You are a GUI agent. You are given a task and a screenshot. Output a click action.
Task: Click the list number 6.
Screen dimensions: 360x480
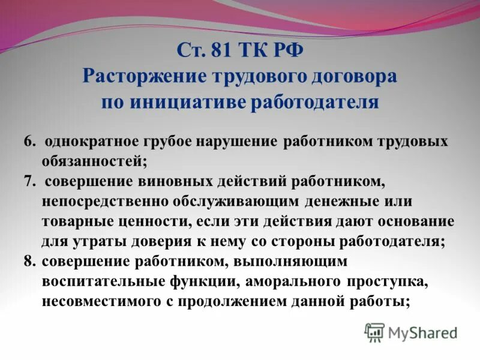click(29, 142)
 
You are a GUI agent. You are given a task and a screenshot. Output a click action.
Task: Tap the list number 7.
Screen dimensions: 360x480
click(29, 181)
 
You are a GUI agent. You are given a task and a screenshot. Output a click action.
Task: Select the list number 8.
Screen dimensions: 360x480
click(29, 262)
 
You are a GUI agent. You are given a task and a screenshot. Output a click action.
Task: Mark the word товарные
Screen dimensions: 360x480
click(76, 221)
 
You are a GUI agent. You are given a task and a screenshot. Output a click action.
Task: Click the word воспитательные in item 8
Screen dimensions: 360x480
click(100, 282)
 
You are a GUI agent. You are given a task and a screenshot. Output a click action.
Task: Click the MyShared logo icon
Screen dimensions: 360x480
click(374, 331)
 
